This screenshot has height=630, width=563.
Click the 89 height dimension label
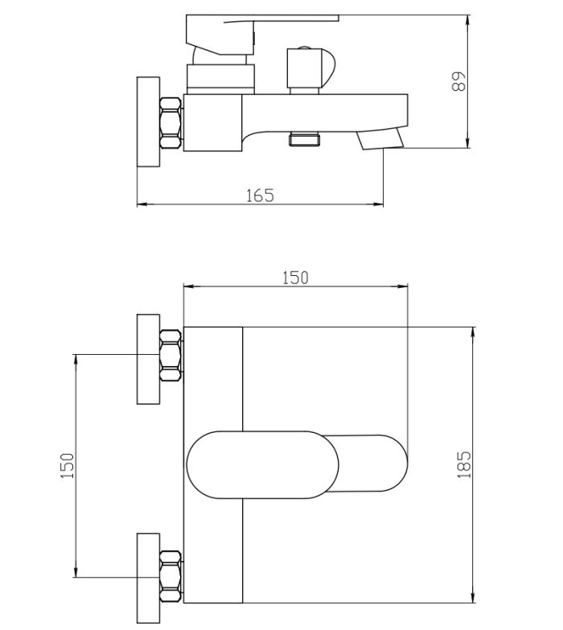[458, 81]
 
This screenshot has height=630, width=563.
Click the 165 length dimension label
[260, 196]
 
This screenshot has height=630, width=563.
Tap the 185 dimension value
[464, 464]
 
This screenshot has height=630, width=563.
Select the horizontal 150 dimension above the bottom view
[295, 278]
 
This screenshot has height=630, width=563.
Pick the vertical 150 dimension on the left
[68, 466]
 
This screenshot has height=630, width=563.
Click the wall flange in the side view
[149, 122]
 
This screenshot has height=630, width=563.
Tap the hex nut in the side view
[171, 123]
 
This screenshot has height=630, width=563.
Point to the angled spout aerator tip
[380, 138]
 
